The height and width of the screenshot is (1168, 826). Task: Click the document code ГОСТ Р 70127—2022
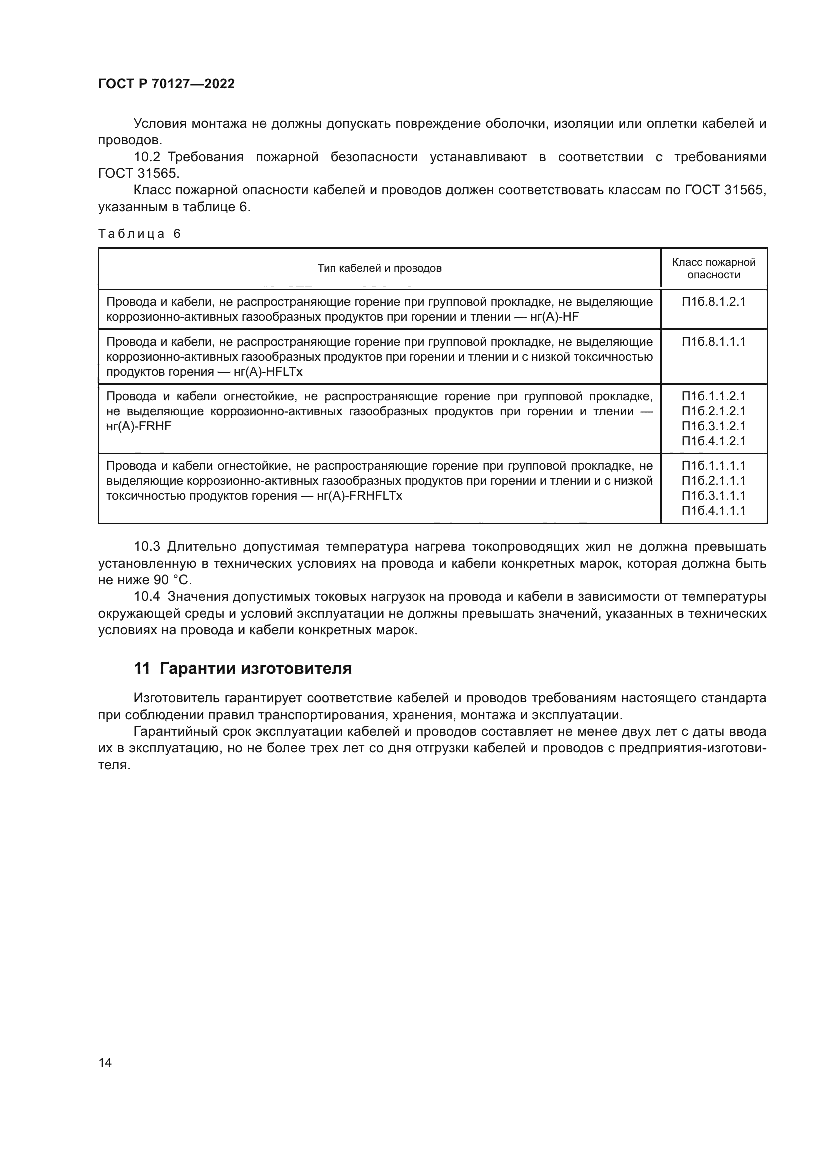(166, 84)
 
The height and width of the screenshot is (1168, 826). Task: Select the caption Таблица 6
(139, 234)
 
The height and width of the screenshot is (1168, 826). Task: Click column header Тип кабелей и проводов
(380, 268)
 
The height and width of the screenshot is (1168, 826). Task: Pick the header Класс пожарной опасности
(714, 268)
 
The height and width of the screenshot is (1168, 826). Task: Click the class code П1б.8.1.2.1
(714, 302)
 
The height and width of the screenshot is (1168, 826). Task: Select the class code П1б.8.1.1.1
(714, 342)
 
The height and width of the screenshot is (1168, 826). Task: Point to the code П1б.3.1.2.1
(714, 426)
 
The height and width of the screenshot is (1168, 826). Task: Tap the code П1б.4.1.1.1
(714, 511)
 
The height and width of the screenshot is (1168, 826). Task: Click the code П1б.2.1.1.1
(714, 481)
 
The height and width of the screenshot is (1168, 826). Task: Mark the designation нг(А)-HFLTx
(268, 372)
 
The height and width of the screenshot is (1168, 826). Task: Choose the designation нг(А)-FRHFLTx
(359, 496)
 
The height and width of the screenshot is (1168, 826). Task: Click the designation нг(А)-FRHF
(139, 427)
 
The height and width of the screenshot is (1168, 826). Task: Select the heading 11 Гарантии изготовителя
(243, 668)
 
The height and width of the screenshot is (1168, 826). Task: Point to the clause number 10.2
(147, 157)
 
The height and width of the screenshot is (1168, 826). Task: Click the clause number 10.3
(147, 547)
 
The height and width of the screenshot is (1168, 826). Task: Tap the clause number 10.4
(147, 596)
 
